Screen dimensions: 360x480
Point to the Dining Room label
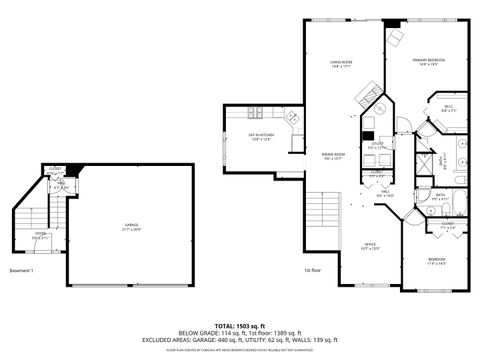[333, 155]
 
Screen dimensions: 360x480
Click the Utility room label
[377, 145]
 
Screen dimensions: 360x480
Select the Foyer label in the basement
[38, 235]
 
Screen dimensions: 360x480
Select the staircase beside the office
[319, 214]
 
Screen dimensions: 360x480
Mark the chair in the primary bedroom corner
[394, 37]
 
